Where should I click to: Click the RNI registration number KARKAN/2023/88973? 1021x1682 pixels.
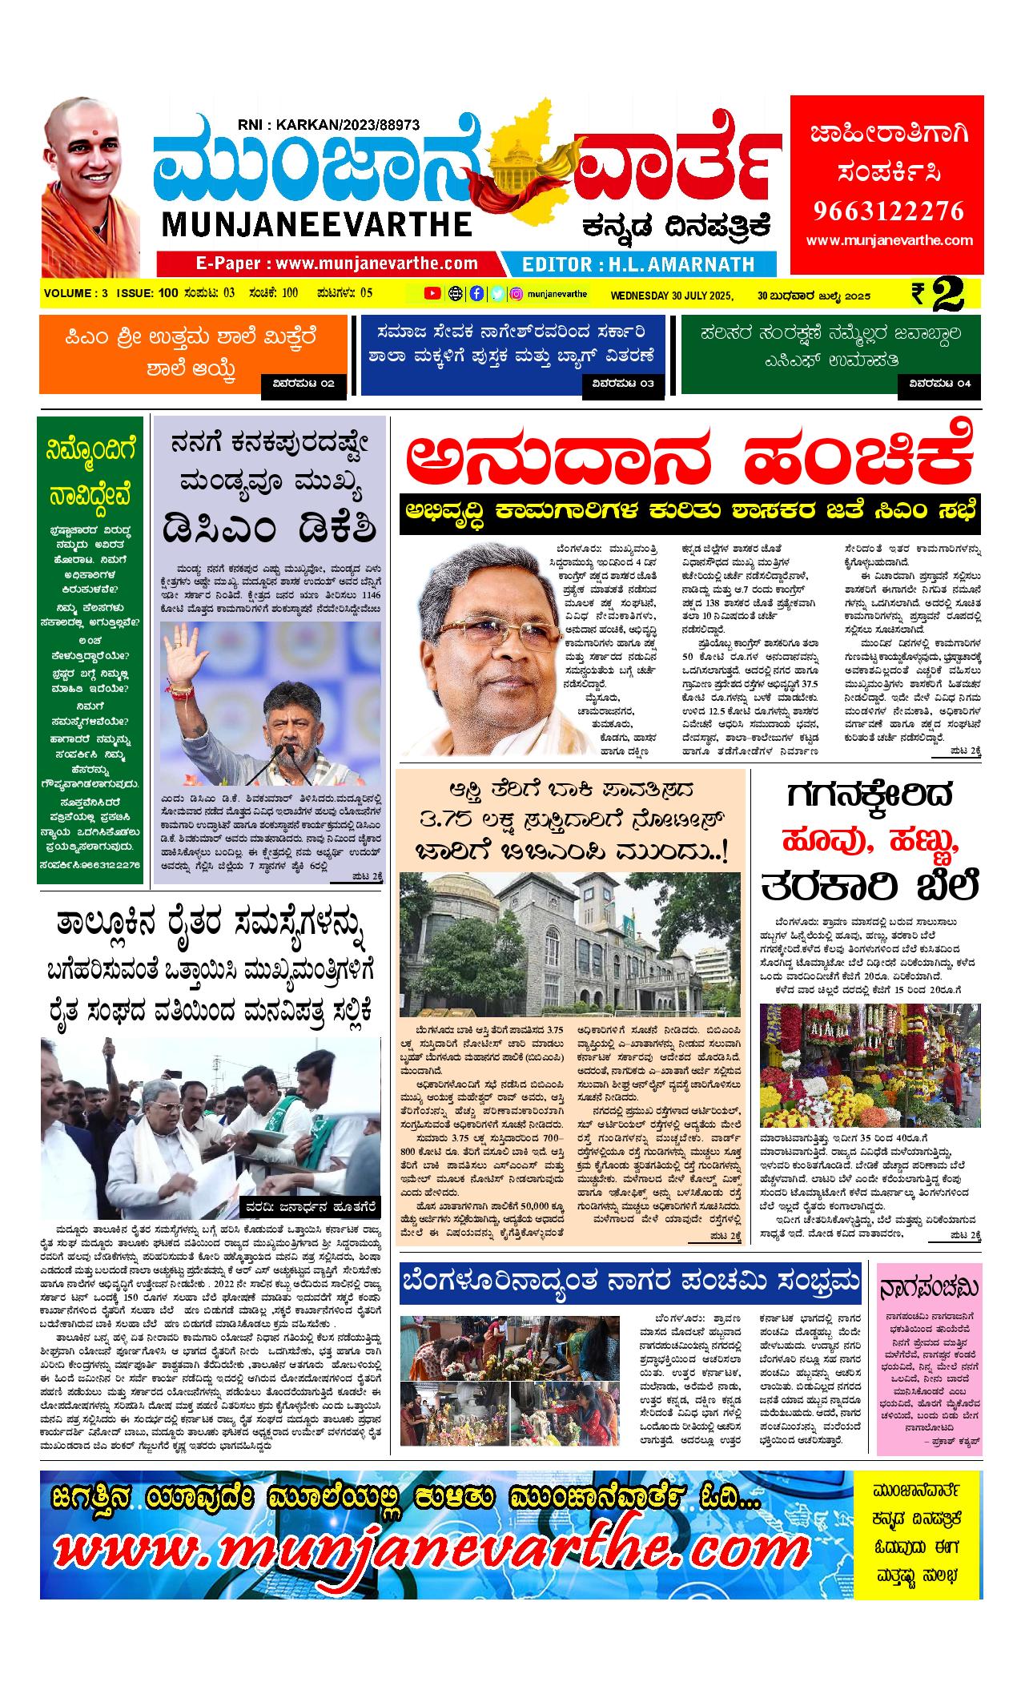pyautogui.click(x=328, y=125)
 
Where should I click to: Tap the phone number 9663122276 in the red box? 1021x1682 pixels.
pyautogui.click(x=888, y=211)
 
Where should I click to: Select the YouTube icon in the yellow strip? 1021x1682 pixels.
pyautogui.click(x=432, y=293)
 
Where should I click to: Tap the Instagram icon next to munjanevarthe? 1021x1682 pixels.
pyautogui.click(x=517, y=293)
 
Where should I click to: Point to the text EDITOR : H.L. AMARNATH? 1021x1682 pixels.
pyautogui.click(x=638, y=264)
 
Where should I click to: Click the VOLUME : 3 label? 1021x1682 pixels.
pyautogui.click(x=75, y=293)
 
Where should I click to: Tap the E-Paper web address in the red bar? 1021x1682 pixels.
pyautogui.click(x=336, y=264)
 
